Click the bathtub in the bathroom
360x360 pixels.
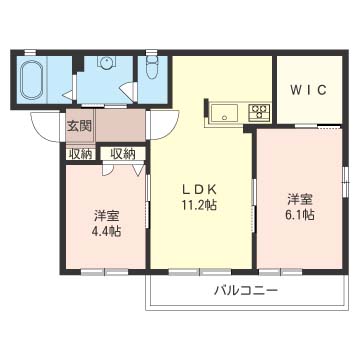[x=32, y=80]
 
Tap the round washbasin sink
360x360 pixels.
[x=106, y=63]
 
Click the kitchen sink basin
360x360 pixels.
[x=225, y=113]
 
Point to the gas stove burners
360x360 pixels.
[x=259, y=112]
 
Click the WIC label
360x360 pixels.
[x=308, y=90]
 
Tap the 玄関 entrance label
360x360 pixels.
[x=79, y=126]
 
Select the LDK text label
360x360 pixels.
[x=199, y=189]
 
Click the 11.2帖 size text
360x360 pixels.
[x=199, y=205]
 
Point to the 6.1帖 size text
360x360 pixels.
[x=300, y=215]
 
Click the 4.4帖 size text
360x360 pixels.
[x=106, y=231]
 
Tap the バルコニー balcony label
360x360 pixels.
[x=246, y=291]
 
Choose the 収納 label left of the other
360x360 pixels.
[x=80, y=154]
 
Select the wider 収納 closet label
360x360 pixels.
[x=123, y=154]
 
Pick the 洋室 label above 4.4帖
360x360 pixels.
[x=106, y=216]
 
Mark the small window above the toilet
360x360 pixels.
[x=152, y=52]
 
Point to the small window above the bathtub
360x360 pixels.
[x=30, y=52]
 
